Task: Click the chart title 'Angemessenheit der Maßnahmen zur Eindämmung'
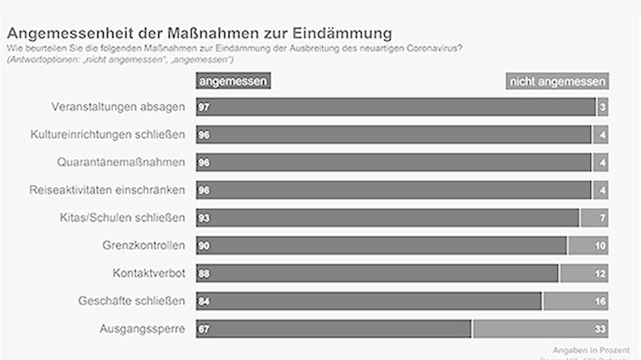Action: (x=199, y=32)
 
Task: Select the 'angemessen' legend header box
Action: (x=233, y=81)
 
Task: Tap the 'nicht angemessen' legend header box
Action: (x=556, y=81)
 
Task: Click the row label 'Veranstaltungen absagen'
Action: (x=118, y=107)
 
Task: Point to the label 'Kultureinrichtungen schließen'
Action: (x=108, y=135)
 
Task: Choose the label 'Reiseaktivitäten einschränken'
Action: (x=107, y=190)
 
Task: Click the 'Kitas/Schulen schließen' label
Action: (x=122, y=217)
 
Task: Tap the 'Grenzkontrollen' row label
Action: (x=144, y=245)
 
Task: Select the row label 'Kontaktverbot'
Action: (x=149, y=273)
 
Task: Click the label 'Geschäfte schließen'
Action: (x=131, y=300)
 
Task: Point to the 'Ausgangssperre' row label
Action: (x=142, y=329)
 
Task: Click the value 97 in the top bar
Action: (x=204, y=107)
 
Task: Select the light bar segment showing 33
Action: (x=541, y=329)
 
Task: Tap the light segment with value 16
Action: (x=576, y=300)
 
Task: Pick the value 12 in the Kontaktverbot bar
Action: (x=599, y=273)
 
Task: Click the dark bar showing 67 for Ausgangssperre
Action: (x=333, y=329)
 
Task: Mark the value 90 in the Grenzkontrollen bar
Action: (x=204, y=245)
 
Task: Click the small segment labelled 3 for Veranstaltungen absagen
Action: (x=603, y=107)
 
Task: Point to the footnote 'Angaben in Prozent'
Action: (x=591, y=350)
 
